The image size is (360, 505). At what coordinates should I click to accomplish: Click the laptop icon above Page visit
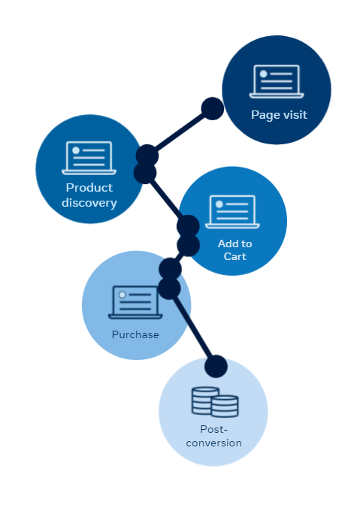click(277, 81)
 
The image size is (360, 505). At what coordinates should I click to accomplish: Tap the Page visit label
click(279, 115)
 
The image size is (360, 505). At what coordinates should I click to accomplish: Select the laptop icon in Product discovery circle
click(89, 158)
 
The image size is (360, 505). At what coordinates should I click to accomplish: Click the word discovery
click(89, 203)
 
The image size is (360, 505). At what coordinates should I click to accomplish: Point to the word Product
click(89, 187)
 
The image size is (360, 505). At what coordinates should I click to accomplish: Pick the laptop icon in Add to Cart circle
click(232, 212)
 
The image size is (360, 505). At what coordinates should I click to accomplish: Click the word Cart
click(235, 256)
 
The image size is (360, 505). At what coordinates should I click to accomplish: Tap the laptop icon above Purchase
click(135, 302)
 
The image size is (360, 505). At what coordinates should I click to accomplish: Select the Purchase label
click(135, 334)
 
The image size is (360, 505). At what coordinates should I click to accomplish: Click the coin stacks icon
click(215, 402)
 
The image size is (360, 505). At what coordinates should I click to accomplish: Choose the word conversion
click(213, 443)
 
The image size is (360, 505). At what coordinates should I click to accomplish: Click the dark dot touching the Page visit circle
click(213, 108)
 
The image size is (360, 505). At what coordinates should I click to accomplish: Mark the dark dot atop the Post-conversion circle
click(216, 366)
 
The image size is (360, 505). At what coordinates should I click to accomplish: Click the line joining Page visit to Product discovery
click(180, 132)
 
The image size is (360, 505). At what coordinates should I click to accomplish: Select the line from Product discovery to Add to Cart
click(167, 200)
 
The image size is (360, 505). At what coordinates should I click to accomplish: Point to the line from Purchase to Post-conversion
click(192, 328)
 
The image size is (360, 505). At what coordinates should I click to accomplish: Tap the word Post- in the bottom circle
click(213, 429)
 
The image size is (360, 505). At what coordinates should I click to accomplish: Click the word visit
click(295, 115)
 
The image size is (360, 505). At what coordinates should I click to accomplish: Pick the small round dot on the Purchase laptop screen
click(123, 295)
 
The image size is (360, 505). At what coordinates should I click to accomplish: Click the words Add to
click(235, 243)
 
